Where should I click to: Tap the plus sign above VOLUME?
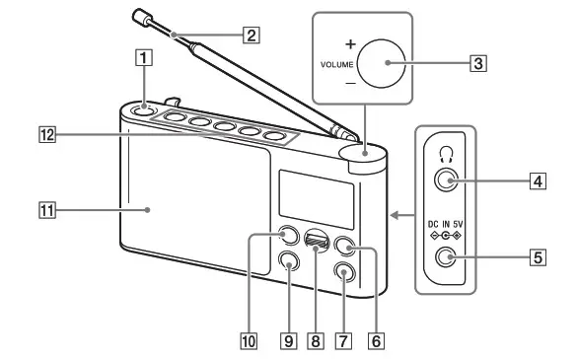(349, 44)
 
